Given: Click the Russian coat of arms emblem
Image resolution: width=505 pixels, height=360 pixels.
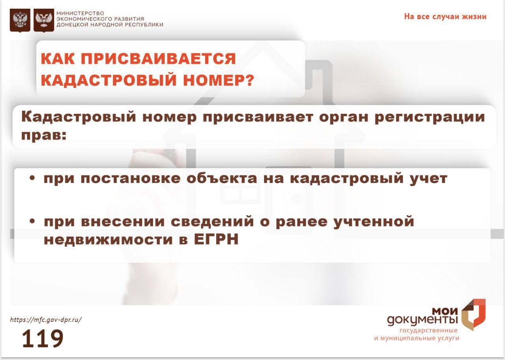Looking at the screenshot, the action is pos(20,20).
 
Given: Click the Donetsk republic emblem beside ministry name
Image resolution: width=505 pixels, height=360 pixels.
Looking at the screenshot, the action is pos(44,20).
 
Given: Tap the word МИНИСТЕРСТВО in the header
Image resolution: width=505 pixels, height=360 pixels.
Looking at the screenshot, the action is pos(80,13).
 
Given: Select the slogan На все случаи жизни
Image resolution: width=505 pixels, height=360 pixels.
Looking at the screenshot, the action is pos(445,17).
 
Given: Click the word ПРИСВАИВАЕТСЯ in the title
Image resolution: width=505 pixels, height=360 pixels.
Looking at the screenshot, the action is pos(158,59).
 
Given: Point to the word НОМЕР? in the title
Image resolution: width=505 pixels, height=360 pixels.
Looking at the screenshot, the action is pos(219,80).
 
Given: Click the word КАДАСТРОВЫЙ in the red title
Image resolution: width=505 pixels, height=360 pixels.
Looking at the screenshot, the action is pos(108,80).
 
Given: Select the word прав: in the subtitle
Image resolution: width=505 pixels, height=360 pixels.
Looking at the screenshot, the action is pos(44,135).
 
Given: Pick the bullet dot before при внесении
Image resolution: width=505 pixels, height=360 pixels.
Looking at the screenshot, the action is pos(32,221).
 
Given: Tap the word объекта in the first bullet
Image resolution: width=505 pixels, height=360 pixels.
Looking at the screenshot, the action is pos(222,178).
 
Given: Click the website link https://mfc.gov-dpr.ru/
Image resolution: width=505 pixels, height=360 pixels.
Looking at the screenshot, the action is pos(46,320).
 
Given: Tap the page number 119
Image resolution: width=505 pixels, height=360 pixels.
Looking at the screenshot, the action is pos(42,339).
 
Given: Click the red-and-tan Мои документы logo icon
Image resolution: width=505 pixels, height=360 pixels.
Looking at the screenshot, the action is pos(473,315).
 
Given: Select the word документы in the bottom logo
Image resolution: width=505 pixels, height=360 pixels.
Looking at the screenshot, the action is pos(423,320).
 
